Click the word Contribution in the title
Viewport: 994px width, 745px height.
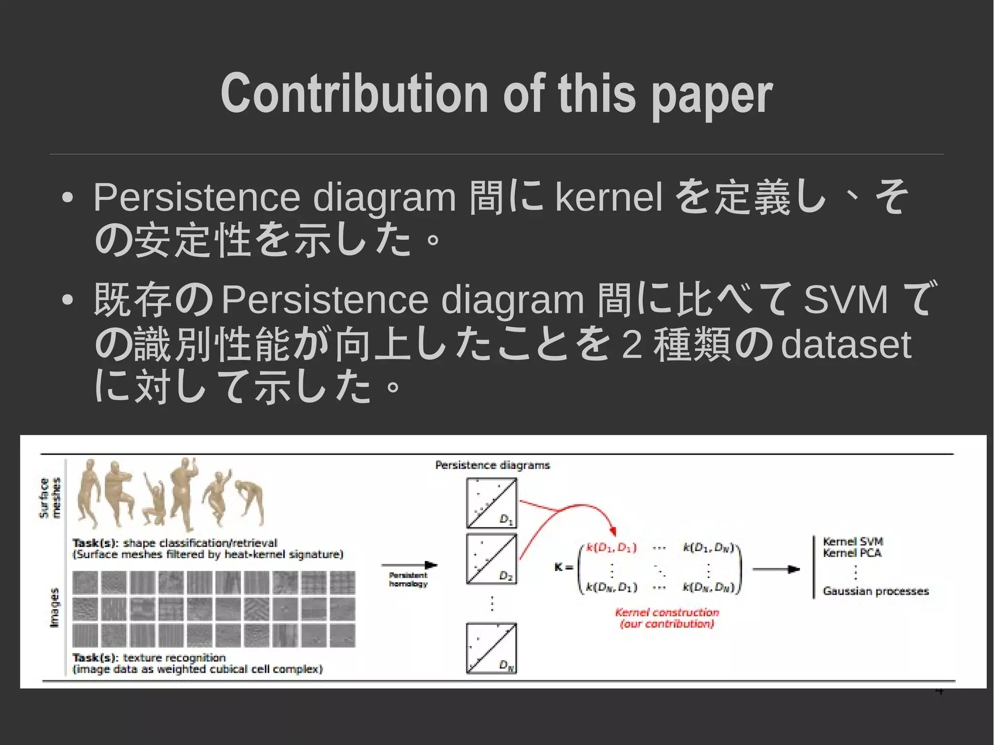[x=354, y=93]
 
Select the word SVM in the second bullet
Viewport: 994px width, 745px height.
[x=845, y=299]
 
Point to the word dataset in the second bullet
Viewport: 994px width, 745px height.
[x=845, y=345]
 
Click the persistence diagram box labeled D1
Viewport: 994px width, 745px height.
[x=491, y=503]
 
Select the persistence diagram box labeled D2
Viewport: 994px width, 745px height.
[x=491, y=559]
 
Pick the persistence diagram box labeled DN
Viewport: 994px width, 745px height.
[x=491, y=648]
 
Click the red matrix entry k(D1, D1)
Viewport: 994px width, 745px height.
[x=611, y=547]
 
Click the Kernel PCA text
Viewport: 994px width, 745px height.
[x=852, y=553]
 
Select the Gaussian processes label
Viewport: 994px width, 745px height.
[x=876, y=591]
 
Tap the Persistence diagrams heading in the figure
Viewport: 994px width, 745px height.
[x=492, y=465]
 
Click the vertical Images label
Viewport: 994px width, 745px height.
[x=54, y=607]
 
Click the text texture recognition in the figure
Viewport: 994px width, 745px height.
[x=174, y=658]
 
